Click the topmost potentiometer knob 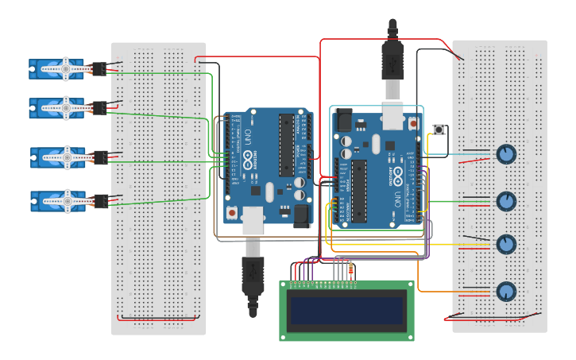coord(506,154)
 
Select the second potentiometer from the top coord(506,201)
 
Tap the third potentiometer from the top coord(506,244)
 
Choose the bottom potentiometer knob coord(506,292)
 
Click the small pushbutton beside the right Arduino coord(438,130)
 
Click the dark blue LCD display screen coord(346,310)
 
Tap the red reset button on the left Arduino coord(232,213)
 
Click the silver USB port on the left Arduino coord(253,219)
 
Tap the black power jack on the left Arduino coord(301,215)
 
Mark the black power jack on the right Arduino coord(343,120)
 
